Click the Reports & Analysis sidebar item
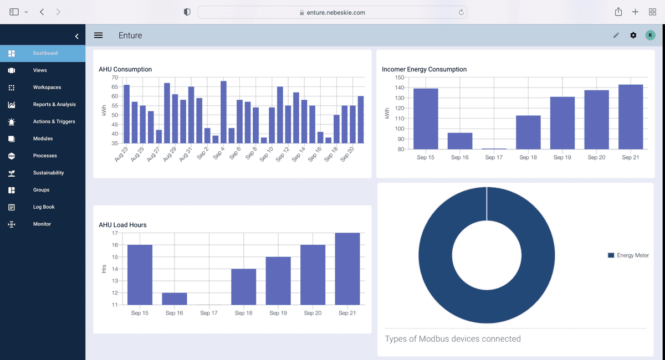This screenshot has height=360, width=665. [x=54, y=105]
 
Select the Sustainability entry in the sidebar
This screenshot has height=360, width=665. [x=48, y=173]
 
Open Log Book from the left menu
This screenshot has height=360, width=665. [x=43, y=207]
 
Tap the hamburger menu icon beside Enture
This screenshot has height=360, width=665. [x=98, y=35]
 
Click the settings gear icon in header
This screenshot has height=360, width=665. [x=633, y=35]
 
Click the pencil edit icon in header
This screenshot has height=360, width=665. [x=616, y=35]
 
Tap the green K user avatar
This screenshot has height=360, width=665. [x=650, y=35]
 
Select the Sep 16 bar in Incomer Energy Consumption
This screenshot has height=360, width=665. [x=459, y=141]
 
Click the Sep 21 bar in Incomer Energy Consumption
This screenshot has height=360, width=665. [x=630, y=117]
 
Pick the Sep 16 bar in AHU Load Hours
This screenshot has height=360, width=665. [x=174, y=299]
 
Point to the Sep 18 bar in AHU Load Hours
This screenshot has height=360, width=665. [x=243, y=286]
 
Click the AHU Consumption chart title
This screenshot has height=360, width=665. [x=125, y=69]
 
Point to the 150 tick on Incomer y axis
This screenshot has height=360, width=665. [x=400, y=78]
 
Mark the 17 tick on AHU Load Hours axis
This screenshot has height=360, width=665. [x=115, y=233]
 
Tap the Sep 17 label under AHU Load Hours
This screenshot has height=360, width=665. [x=209, y=313]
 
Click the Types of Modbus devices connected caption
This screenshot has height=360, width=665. [x=453, y=338]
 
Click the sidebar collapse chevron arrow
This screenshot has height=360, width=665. [x=77, y=37]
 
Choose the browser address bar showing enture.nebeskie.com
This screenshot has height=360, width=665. [x=332, y=12]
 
